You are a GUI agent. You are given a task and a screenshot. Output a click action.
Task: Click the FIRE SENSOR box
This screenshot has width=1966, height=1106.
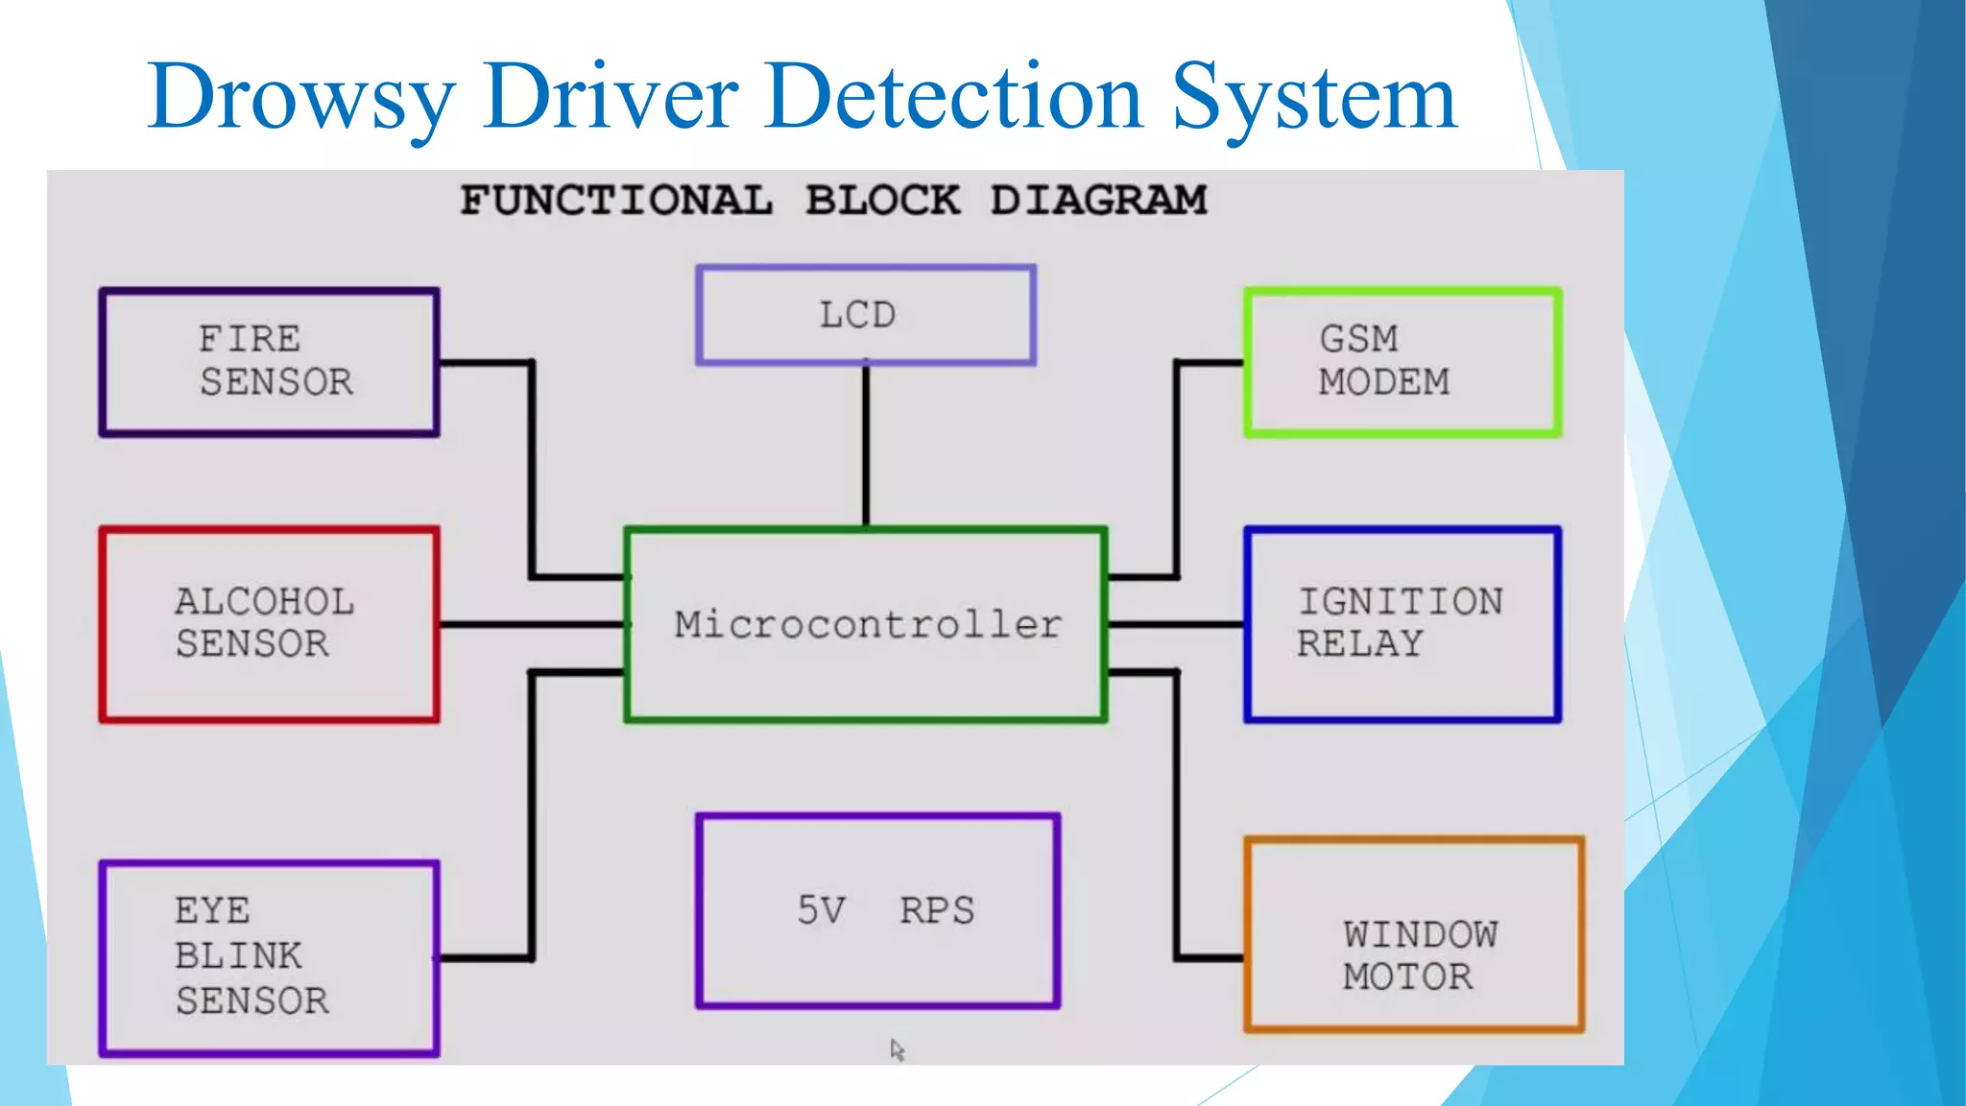tap(269, 362)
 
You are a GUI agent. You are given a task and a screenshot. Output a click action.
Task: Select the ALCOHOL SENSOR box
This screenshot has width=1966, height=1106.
tap(269, 623)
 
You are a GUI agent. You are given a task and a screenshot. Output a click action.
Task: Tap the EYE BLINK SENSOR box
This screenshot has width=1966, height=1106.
tap(269, 957)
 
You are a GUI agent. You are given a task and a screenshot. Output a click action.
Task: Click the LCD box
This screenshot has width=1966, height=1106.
tap(865, 315)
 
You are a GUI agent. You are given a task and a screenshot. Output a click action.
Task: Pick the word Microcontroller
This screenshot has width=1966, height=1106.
tap(867, 624)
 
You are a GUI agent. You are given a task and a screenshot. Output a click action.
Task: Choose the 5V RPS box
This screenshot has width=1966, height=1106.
tap(877, 910)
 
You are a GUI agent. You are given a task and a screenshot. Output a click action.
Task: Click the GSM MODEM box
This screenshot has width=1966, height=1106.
tap(1402, 362)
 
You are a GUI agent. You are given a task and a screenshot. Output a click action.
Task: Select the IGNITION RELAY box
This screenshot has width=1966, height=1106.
tap(1402, 623)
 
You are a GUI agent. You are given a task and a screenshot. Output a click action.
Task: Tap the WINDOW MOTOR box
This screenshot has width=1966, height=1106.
tap(1413, 934)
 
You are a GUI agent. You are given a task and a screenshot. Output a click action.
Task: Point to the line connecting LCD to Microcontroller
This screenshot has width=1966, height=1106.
tap(866, 446)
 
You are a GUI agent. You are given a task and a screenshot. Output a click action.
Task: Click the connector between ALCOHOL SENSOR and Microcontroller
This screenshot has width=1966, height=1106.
tap(531, 624)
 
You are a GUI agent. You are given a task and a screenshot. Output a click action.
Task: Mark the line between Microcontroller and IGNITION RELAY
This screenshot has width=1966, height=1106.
tap(1175, 624)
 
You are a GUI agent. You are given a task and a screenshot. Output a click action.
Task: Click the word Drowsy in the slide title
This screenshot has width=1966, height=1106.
tap(301, 99)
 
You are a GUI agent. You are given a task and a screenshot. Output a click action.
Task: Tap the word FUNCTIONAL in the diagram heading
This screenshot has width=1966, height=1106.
tap(615, 201)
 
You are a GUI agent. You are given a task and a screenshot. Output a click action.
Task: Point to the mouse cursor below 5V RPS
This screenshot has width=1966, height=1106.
tap(897, 1049)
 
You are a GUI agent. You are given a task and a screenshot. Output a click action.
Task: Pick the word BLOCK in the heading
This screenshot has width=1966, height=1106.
tap(881, 201)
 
